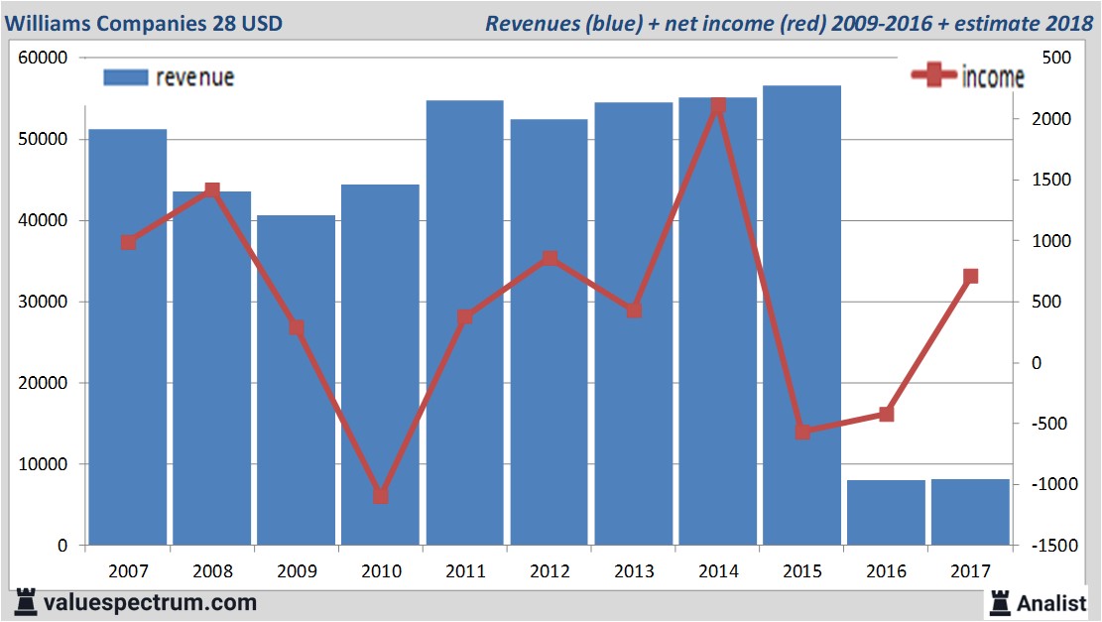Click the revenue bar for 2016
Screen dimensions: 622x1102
[x=886, y=512]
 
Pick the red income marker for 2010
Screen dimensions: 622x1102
[x=381, y=495]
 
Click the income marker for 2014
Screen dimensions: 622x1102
[x=718, y=106]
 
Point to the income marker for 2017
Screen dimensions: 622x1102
[x=971, y=276]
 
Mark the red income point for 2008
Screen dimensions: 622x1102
[x=212, y=189]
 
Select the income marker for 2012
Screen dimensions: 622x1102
[x=550, y=259]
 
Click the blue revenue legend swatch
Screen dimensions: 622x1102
[x=125, y=77]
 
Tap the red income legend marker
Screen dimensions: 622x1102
[x=933, y=76]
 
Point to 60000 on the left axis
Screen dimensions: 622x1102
[x=43, y=58]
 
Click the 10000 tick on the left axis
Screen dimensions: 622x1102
[x=43, y=464]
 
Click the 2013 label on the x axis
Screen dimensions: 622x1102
[x=634, y=571]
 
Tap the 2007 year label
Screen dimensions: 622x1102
[x=128, y=571]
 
